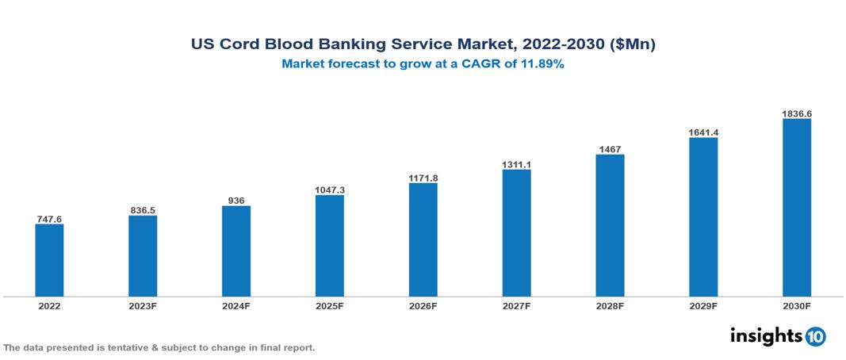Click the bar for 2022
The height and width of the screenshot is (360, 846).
(x=49, y=260)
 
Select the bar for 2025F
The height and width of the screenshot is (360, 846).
(x=329, y=246)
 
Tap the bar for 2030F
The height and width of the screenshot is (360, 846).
(x=796, y=208)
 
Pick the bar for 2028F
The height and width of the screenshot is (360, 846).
(x=610, y=225)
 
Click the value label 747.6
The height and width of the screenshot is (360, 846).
(x=49, y=219)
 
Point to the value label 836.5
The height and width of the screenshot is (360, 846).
(x=143, y=210)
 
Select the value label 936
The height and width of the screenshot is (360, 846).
(x=236, y=201)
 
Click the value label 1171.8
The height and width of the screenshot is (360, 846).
(x=423, y=178)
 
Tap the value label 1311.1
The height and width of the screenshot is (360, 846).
(x=516, y=164)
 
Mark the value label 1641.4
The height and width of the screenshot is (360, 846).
(x=702, y=132)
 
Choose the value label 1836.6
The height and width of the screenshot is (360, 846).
(x=796, y=113)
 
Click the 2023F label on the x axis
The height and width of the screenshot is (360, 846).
(x=143, y=305)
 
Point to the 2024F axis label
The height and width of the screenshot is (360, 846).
(x=236, y=305)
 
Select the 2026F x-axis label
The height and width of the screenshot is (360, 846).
(x=423, y=305)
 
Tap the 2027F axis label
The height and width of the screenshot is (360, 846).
(x=516, y=305)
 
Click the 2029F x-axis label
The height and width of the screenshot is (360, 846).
(x=702, y=305)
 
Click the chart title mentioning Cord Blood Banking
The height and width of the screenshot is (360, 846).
(x=423, y=45)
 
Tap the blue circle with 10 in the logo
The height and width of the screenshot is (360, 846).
(x=815, y=336)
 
